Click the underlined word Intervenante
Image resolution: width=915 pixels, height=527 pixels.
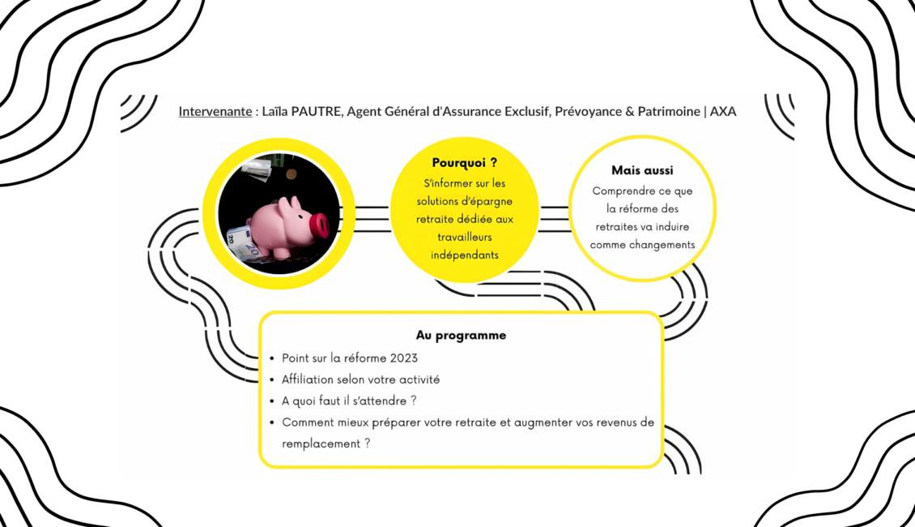coord(215,111)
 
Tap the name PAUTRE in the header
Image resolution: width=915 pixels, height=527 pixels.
coord(316,111)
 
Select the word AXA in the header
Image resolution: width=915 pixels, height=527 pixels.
coord(723,111)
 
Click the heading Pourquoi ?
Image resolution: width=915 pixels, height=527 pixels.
coord(465,163)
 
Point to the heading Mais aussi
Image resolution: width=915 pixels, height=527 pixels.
coord(642,171)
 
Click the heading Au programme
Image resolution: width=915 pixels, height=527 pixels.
coord(461,335)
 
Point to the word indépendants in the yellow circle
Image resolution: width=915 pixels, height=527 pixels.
coord(464,255)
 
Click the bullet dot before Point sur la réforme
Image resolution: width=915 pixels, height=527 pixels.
coord(271,358)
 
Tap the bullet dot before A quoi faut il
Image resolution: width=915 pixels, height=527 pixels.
coord(271,401)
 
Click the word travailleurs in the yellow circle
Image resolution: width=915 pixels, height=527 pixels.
coord(464,237)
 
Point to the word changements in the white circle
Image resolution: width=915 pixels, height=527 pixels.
coord(662,244)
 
